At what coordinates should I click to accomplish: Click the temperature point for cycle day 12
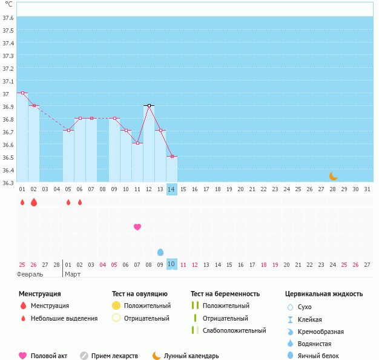[x=149, y=105]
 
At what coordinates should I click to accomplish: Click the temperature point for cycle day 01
[x=22, y=93]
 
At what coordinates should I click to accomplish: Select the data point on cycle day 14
[x=172, y=157]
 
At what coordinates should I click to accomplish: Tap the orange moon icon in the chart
[x=334, y=176]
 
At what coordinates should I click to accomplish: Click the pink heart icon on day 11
[x=137, y=227]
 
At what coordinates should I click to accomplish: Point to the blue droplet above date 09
[x=160, y=252]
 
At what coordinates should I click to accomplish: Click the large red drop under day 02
[x=34, y=202]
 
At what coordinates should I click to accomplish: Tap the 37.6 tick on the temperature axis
[x=8, y=18]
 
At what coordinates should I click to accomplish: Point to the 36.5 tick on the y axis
[x=8, y=157]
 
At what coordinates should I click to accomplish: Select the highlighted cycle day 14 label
[x=172, y=189]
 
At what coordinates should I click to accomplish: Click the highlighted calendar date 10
[x=172, y=264]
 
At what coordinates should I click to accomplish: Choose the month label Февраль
[x=30, y=274]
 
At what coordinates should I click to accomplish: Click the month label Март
[x=73, y=274]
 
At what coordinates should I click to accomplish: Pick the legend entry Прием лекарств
[x=114, y=356]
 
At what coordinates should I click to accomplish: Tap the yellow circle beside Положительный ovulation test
[x=116, y=306]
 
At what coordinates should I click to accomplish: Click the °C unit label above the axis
[x=8, y=4]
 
